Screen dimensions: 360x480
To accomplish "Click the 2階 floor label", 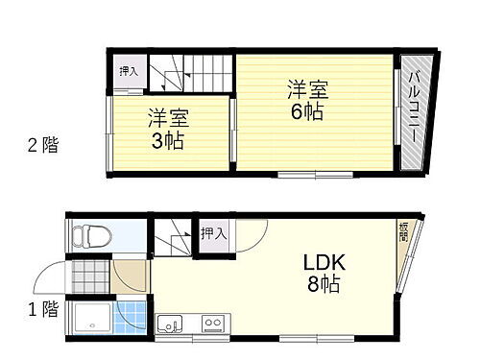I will pyautogui.click(x=41, y=146).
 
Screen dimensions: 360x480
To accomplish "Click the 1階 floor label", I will pyautogui.click(x=41, y=309).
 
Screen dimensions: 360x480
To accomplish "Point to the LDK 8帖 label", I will pyautogui.click(x=324, y=273).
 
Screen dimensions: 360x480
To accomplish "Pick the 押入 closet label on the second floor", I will pyautogui.click(x=128, y=72).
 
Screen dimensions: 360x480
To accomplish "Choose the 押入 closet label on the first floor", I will pyautogui.click(x=213, y=232).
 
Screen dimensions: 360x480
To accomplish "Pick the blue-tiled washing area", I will pyautogui.click(x=132, y=318).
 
